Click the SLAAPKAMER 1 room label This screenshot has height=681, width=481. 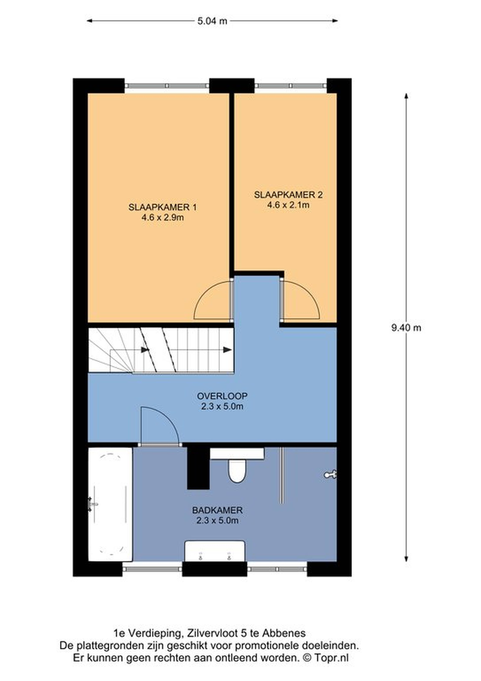[x=162, y=207]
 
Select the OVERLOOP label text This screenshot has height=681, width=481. [x=222, y=396]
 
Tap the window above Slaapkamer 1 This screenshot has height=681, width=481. [x=167, y=85]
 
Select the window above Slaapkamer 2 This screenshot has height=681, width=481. [x=290, y=85]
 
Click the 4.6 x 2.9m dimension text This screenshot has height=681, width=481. [x=162, y=218]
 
